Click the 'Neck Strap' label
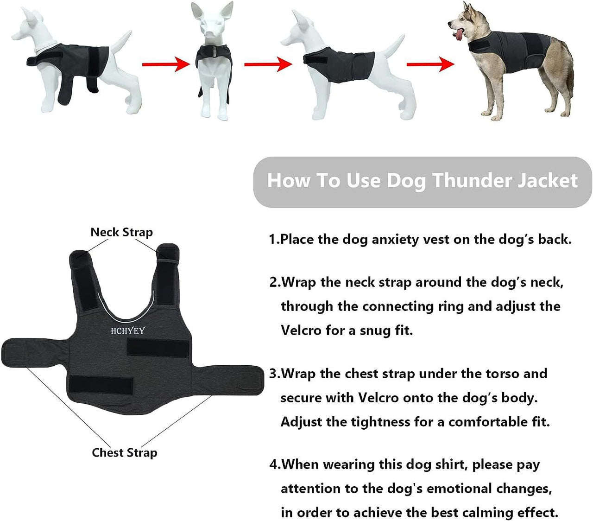point(121,232)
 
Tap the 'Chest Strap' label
point(124,452)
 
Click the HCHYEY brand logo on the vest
point(127,330)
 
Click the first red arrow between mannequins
point(165,64)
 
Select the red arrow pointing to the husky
point(430,64)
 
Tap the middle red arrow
point(268,64)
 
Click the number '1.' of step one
point(274,239)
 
